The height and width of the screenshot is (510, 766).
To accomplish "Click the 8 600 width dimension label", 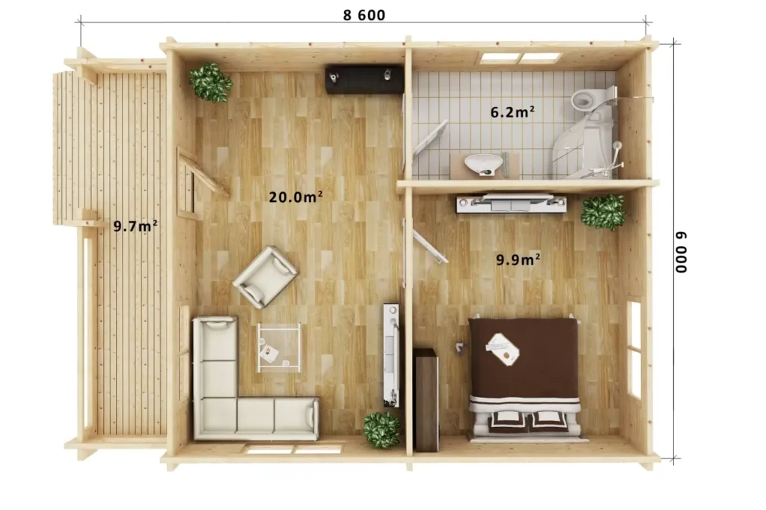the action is [364, 15].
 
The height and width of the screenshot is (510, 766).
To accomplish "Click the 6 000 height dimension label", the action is [681, 252].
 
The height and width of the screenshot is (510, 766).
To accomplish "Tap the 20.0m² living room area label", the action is [295, 197].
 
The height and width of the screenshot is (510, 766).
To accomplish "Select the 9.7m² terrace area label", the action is [135, 226].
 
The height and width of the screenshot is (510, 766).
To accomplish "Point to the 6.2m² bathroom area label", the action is [512, 112].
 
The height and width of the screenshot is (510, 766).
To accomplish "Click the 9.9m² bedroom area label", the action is [518, 259].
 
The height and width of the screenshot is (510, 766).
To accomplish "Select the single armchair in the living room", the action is [266, 277].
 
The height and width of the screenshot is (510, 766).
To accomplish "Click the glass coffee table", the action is [279, 347].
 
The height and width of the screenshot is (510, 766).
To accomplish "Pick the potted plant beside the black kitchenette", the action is [210, 82].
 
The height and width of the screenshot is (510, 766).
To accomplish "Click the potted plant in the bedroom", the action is [603, 212].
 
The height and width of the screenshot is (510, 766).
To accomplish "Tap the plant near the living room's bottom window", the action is [382, 430].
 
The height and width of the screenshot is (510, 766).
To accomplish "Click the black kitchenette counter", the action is [364, 79].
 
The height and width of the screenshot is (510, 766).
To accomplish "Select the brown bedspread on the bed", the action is [524, 357].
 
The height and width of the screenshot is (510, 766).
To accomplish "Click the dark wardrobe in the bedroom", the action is [426, 399].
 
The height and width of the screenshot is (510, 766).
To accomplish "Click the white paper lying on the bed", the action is [502, 348].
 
